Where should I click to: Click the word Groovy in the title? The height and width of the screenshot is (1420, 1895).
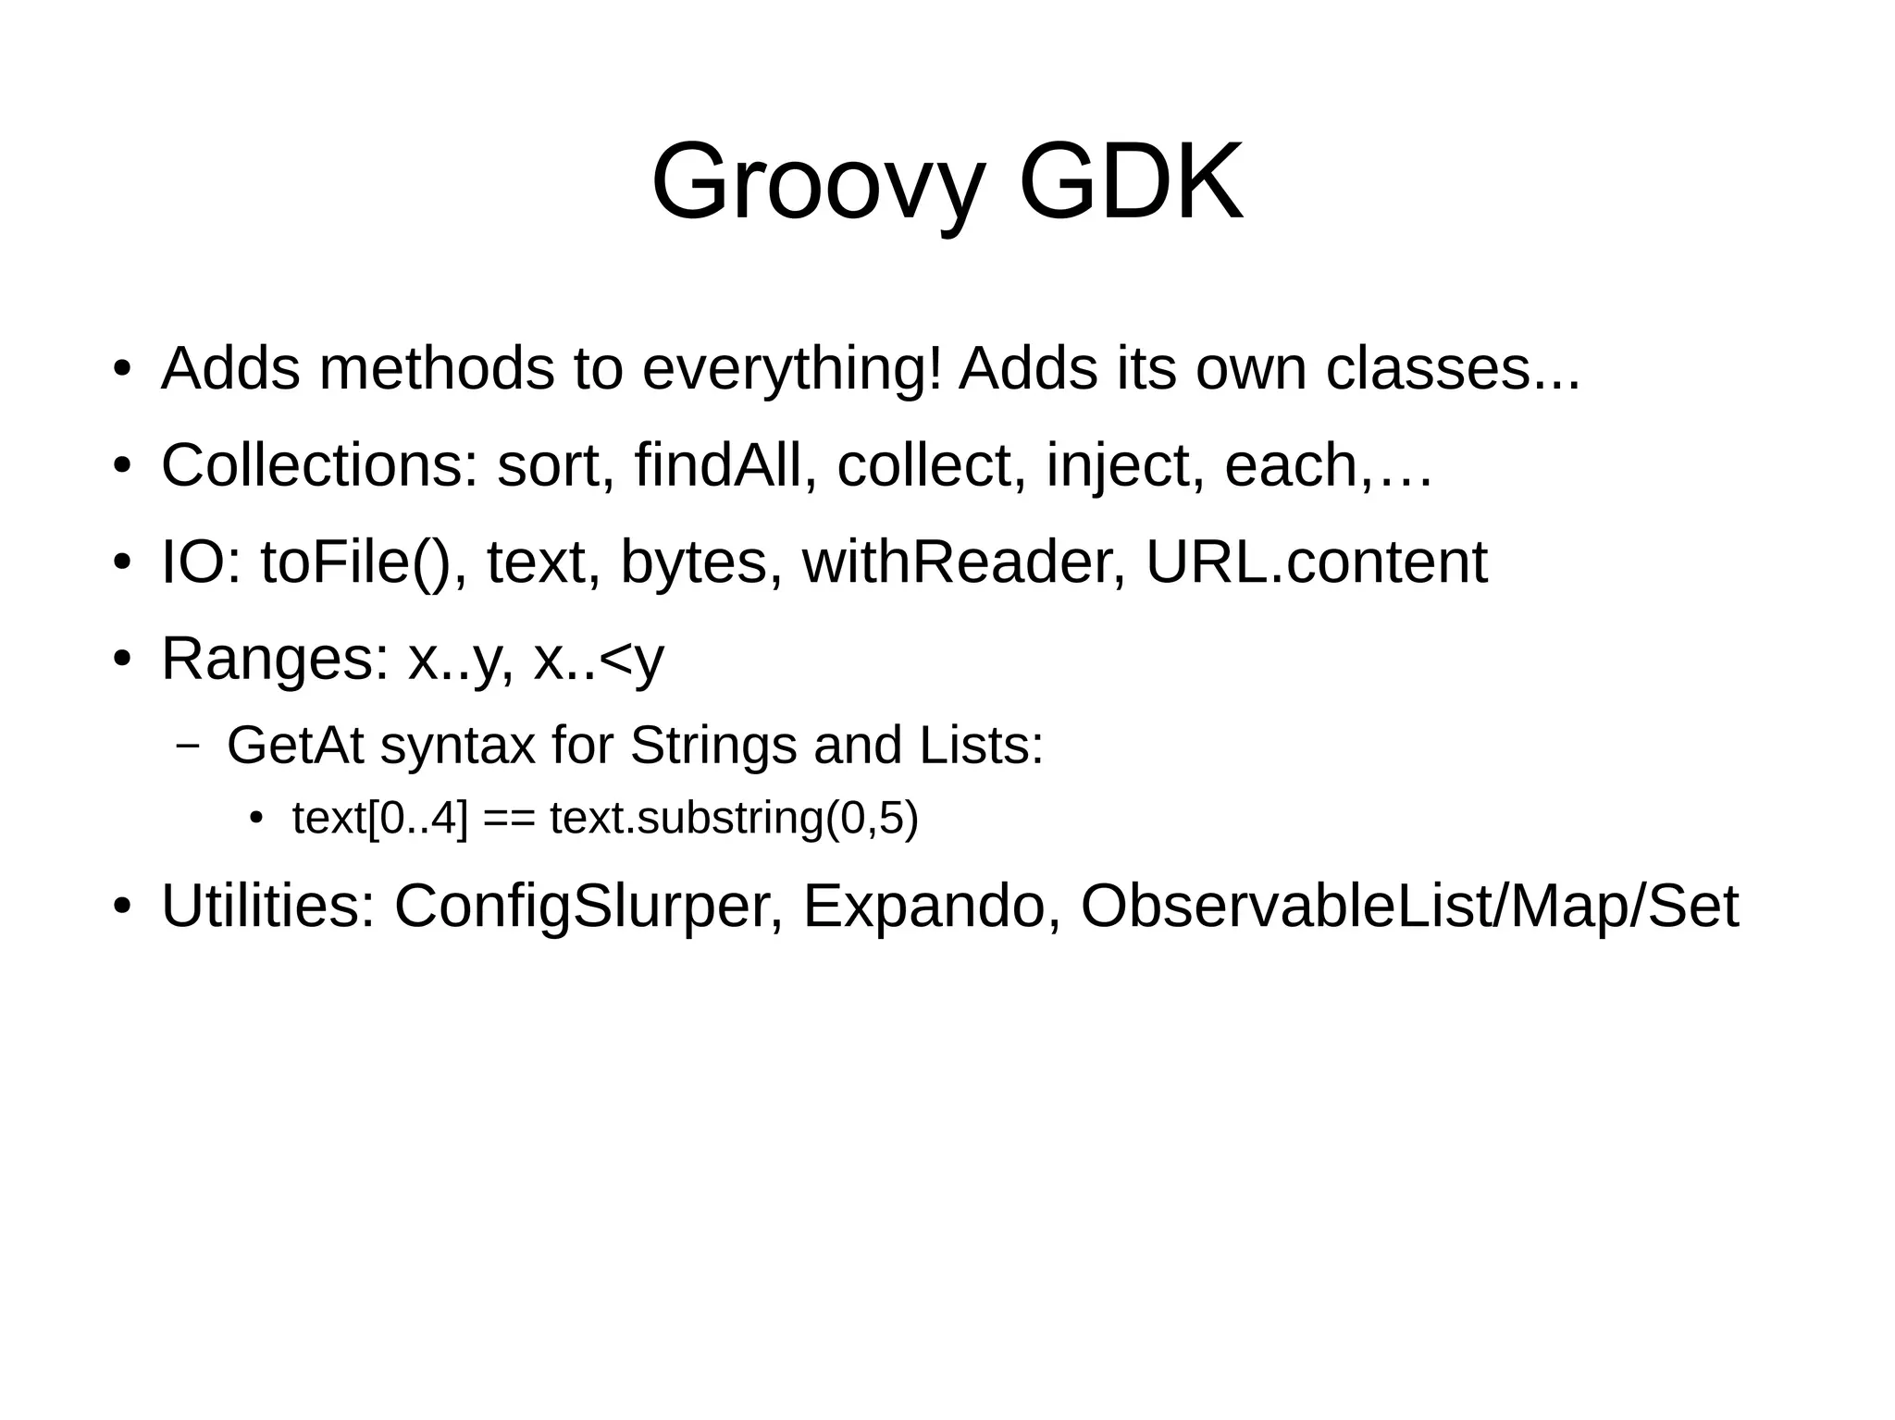[x=816, y=183]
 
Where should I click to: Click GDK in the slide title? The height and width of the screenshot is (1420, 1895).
[x=1130, y=181]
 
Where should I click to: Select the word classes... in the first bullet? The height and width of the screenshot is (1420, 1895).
[x=1453, y=368]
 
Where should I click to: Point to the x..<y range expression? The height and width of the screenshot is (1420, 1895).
[x=600, y=661]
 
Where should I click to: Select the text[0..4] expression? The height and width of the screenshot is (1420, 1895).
[x=380, y=818]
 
